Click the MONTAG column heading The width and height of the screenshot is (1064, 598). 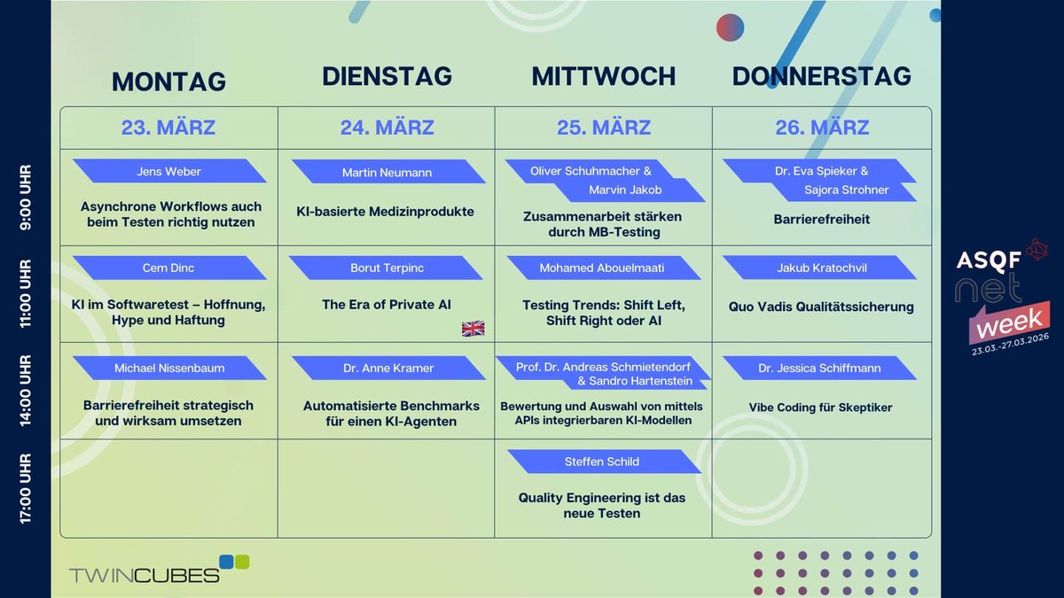pos(168,82)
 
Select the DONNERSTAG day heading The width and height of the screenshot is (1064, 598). pos(821,76)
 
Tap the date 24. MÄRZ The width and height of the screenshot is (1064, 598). pos(387,128)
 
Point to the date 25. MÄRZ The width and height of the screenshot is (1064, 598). pos(604,128)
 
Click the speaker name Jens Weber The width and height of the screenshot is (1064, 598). pos(169,171)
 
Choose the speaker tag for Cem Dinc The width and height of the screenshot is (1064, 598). pos(168,268)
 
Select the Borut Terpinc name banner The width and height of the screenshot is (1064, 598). pos(386,268)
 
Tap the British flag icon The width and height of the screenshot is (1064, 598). pos(473,329)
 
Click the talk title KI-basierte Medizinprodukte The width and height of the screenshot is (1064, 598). pos(386,212)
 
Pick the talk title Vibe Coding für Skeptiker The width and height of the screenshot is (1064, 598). pos(821,408)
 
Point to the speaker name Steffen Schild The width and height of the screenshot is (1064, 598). pos(602,462)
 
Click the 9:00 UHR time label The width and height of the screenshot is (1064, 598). pos(25,197)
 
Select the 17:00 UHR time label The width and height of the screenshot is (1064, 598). pos(25,488)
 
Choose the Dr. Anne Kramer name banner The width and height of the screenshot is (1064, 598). pos(388,368)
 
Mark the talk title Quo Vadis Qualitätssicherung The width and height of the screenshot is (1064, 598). pos(821,307)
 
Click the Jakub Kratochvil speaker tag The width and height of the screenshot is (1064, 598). pos(821,268)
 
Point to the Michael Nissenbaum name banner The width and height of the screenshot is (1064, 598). pos(169,368)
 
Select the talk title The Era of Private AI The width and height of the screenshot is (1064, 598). pos(387,305)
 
